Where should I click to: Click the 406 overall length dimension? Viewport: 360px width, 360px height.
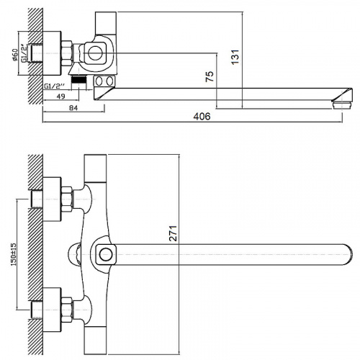(x=202, y=117)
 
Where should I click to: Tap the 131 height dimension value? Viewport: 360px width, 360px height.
(x=235, y=57)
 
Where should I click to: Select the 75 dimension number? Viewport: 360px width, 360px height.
(x=210, y=76)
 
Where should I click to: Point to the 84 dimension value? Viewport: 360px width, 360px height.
(x=73, y=108)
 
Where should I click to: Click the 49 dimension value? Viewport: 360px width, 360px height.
(x=60, y=96)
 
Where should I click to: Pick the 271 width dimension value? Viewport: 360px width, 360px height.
(x=173, y=233)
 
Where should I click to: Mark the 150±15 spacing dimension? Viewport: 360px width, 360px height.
(x=14, y=254)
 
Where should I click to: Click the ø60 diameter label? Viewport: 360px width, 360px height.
(x=15, y=55)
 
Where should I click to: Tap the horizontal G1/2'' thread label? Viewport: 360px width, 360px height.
(x=55, y=86)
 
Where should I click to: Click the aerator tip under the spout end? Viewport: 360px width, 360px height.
(x=342, y=105)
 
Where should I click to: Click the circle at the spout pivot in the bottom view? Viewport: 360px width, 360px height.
(x=106, y=255)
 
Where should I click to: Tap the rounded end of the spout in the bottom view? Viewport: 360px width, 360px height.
(x=349, y=255)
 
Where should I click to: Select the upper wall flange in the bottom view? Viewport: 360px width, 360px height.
(x=53, y=199)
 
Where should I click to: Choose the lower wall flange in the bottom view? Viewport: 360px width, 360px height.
(x=53, y=310)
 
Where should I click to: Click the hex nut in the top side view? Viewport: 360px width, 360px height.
(x=67, y=53)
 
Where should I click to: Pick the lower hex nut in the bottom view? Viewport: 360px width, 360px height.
(x=67, y=310)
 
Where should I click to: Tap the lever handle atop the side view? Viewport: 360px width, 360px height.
(x=106, y=24)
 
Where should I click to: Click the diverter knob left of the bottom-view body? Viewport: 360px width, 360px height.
(x=75, y=255)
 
